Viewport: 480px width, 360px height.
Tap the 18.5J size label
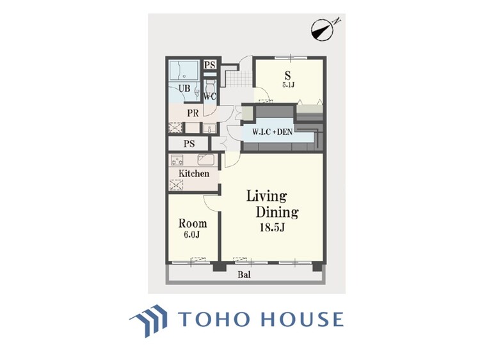273,228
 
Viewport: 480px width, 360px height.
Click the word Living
267,196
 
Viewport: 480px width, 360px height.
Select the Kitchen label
194,174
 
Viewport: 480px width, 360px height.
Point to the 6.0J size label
193,235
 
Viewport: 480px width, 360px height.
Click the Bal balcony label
244,275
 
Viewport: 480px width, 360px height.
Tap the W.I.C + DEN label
272,132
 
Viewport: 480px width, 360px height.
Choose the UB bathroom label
184,89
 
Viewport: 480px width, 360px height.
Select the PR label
193,113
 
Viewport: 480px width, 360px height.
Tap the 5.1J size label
288,84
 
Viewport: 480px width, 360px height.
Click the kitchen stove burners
177,160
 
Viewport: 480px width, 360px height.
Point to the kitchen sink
205,160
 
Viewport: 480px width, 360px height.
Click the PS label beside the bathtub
210,65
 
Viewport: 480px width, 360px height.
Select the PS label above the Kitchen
189,144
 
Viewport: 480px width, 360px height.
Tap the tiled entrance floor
240,79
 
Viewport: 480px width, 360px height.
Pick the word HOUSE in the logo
301,319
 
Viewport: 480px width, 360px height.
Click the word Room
193,224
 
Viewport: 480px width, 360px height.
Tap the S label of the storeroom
288,75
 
